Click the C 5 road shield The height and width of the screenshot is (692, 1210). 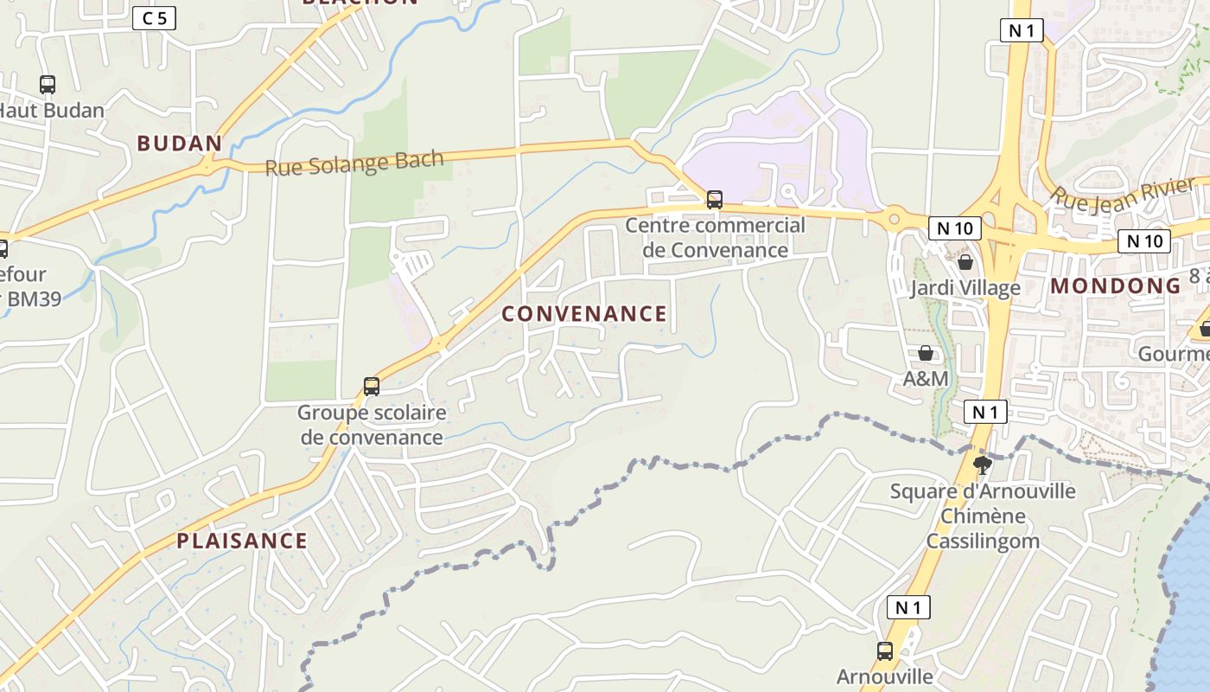(154, 18)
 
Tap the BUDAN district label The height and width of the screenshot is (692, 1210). (180, 144)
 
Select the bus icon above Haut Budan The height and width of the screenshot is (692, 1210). (48, 85)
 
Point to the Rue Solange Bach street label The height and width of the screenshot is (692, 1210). (354, 163)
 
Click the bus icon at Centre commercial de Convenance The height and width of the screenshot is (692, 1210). (715, 200)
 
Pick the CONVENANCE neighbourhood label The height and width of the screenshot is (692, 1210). (584, 314)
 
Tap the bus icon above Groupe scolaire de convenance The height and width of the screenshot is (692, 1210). (372, 387)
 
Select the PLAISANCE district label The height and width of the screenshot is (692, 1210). (242, 541)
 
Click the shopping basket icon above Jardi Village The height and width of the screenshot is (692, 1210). (965, 262)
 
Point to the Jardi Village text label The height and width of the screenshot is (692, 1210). (965, 288)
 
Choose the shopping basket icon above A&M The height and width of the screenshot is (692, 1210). (926, 353)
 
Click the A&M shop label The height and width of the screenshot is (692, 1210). (926, 379)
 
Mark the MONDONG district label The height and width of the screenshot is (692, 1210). (1115, 286)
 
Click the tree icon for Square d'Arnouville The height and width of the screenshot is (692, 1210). (982, 465)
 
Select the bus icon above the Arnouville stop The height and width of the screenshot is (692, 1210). (885, 651)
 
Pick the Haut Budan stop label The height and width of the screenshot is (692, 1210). (50, 111)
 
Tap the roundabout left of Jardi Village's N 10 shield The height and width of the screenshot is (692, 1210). (894, 217)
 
